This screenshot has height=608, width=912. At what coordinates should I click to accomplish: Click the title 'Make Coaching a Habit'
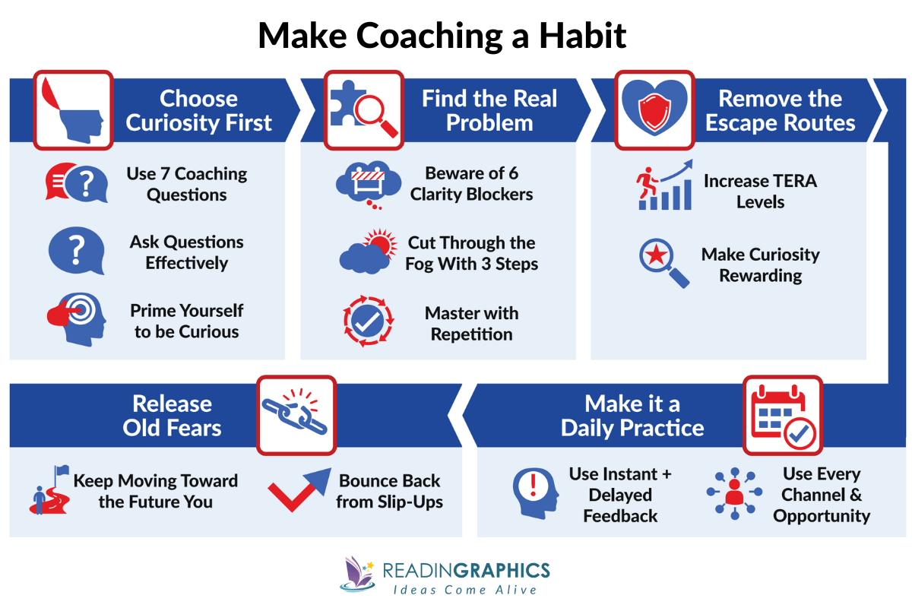(x=442, y=36)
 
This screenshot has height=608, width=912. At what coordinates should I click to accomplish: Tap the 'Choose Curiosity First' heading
(x=198, y=111)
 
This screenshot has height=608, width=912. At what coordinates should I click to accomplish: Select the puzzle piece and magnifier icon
(x=362, y=109)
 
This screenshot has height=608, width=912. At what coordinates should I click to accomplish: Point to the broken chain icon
(x=296, y=414)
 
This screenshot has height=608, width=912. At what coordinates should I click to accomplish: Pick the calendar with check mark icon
(x=781, y=414)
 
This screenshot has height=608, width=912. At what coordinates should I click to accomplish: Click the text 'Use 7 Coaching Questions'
(x=187, y=184)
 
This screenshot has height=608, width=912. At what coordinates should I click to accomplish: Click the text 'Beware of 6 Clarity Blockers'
(x=471, y=184)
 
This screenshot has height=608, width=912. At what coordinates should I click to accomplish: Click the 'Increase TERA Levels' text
(x=759, y=192)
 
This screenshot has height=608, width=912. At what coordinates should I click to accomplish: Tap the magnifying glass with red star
(x=663, y=263)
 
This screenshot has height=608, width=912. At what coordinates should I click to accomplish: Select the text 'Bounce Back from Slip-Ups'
(x=389, y=492)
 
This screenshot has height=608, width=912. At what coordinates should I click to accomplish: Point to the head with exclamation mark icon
(x=535, y=492)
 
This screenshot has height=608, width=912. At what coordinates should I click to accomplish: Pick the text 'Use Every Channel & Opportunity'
(x=821, y=495)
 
